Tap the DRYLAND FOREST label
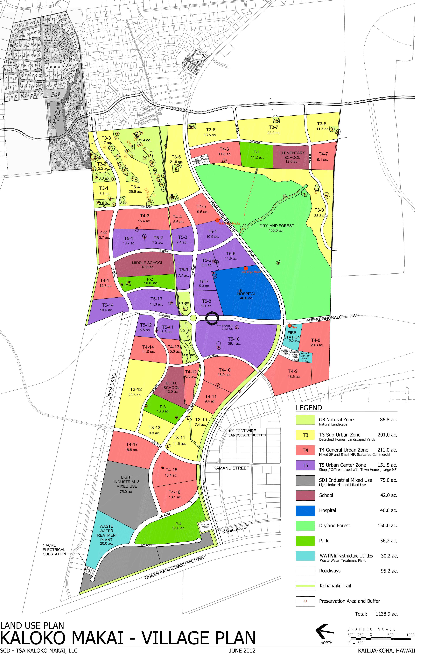(277, 226)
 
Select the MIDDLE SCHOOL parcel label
(147, 263)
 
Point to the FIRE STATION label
(292, 335)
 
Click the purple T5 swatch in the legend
(305, 465)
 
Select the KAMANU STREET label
(231, 468)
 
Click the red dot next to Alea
(289, 326)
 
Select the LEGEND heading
(309, 408)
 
